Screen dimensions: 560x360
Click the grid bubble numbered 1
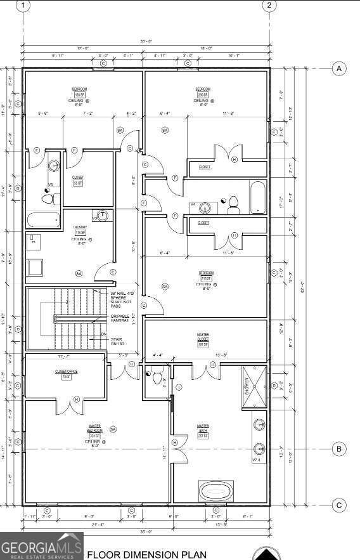pyautogui.click(x=23, y=6)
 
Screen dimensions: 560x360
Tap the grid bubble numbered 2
pyautogui.click(x=269, y=6)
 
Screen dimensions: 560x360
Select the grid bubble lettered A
pyautogui.click(x=340, y=68)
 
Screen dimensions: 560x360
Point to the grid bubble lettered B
pyautogui.click(x=340, y=449)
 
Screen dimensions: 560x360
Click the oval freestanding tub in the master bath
pyautogui.click(x=217, y=491)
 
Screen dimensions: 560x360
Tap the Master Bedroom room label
pyautogui.click(x=96, y=433)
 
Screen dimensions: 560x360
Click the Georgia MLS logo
pyautogui.click(x=41, y=547)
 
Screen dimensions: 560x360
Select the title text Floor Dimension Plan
pyautogui.click(x=146, y=555)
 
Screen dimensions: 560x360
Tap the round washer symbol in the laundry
pyautogui.click(x=103, y=216)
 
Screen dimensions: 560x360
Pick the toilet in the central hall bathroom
pyautogui.click(x=233, y=205)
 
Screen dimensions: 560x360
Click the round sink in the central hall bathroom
pyautogui.click(x=205, y=207)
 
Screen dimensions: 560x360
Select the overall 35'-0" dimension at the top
pyautogui.click(x=146, y=41)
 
